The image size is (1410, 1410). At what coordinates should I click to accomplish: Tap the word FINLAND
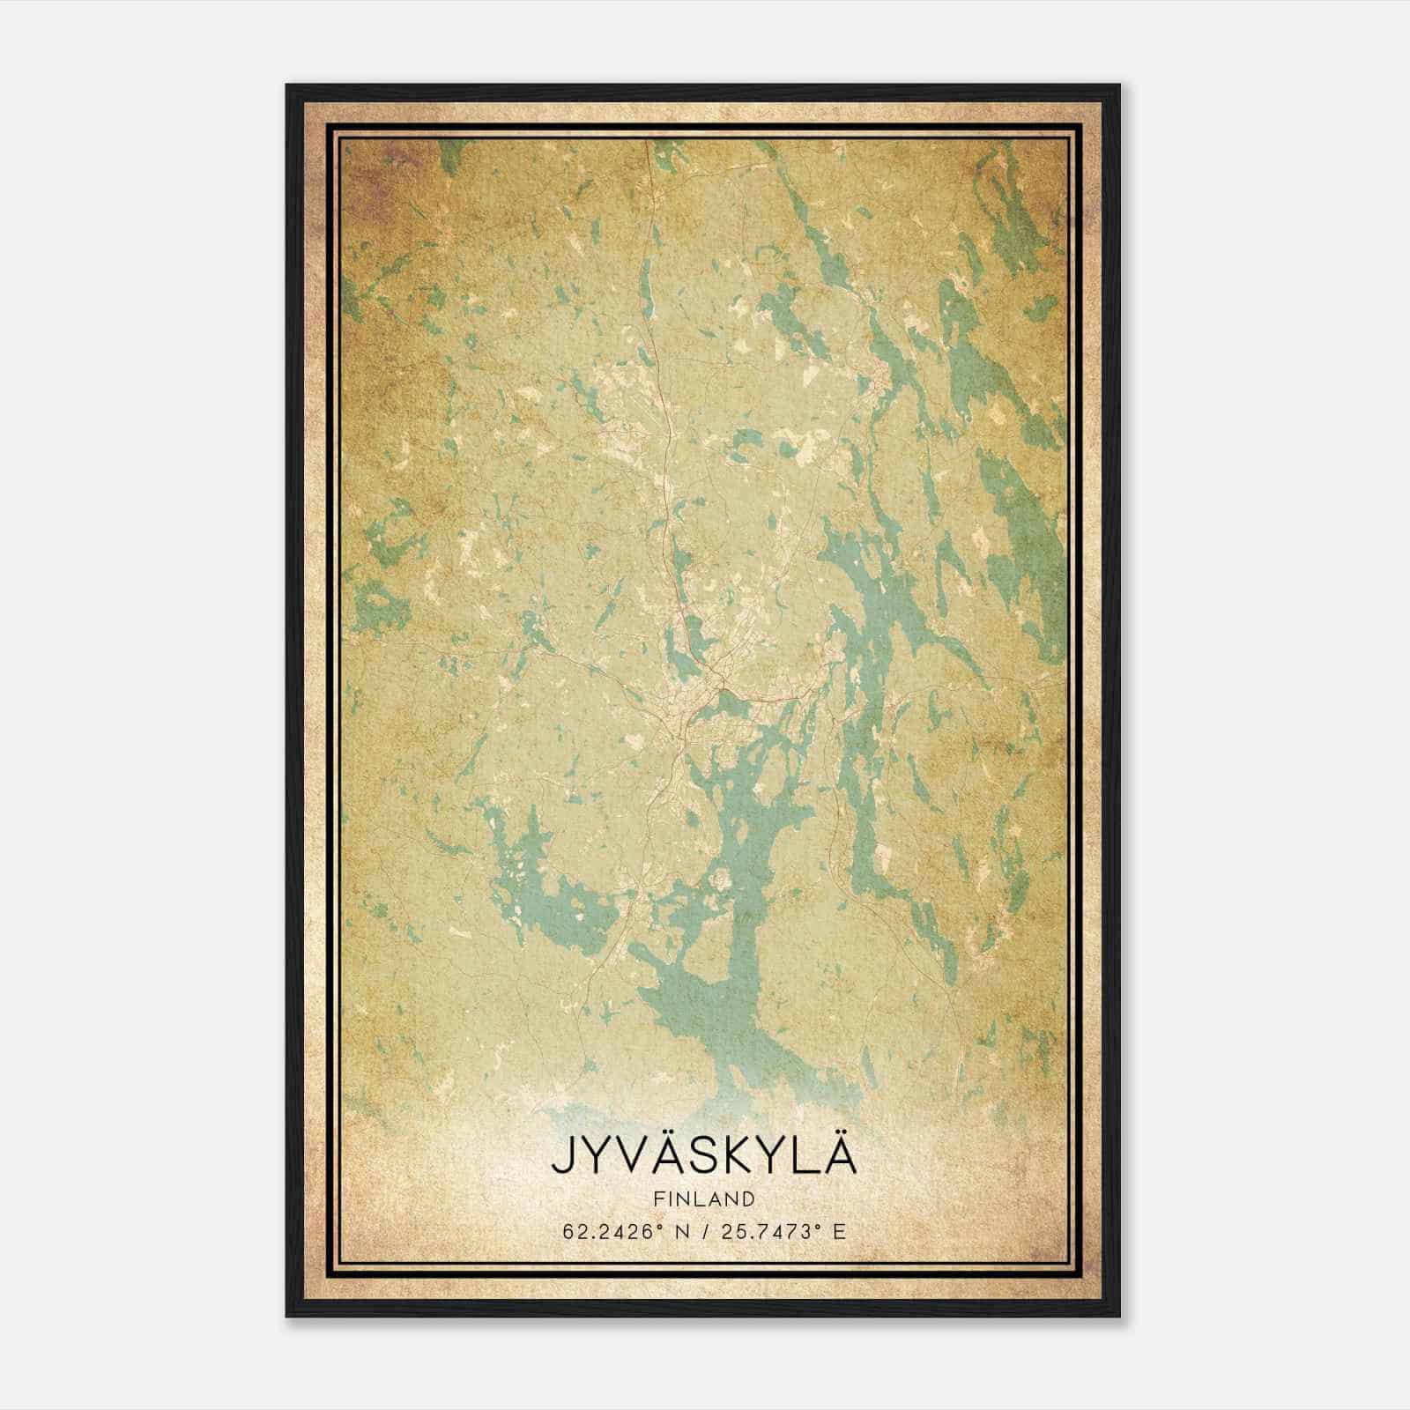[x=704, y=1198]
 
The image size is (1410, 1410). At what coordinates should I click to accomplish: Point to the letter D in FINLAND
[x=749, y=1198]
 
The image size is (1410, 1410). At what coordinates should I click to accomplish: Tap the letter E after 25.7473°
[x=841, y=1231]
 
